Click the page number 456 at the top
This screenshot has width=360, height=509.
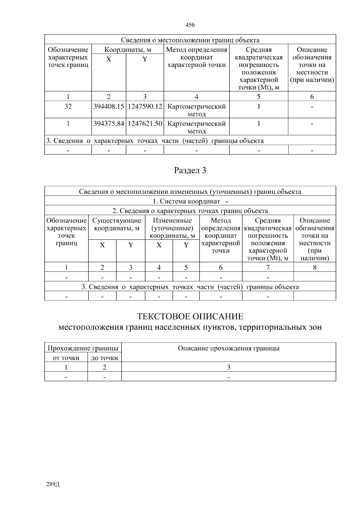point(190,25)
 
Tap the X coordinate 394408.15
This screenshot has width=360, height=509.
point(109,106)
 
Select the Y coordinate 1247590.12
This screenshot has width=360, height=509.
point(145,106)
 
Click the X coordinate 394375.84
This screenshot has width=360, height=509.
point(109,124)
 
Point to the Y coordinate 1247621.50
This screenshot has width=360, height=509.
point(145,124)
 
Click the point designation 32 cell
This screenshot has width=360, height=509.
point(68,106)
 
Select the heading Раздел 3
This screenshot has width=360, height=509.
point(190,171)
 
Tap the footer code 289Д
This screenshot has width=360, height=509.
point(53,484)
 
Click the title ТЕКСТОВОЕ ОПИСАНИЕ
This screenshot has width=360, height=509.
point(190,316)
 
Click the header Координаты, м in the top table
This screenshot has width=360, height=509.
point(127,50)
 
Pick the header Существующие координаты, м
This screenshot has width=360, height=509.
point(117,224)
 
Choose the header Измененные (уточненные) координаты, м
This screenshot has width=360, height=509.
point(172,228)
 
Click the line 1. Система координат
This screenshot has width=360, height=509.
point(190,201)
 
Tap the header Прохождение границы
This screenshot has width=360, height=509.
point(83,348)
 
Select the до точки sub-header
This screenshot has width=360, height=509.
point(104,358)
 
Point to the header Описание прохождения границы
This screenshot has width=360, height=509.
point(229,348)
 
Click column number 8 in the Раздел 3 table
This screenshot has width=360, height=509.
point(315,268)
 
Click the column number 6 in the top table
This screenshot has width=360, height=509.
point(312,97)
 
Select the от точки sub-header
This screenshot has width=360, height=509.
point(66,358)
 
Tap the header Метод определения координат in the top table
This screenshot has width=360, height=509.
point(196,57)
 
